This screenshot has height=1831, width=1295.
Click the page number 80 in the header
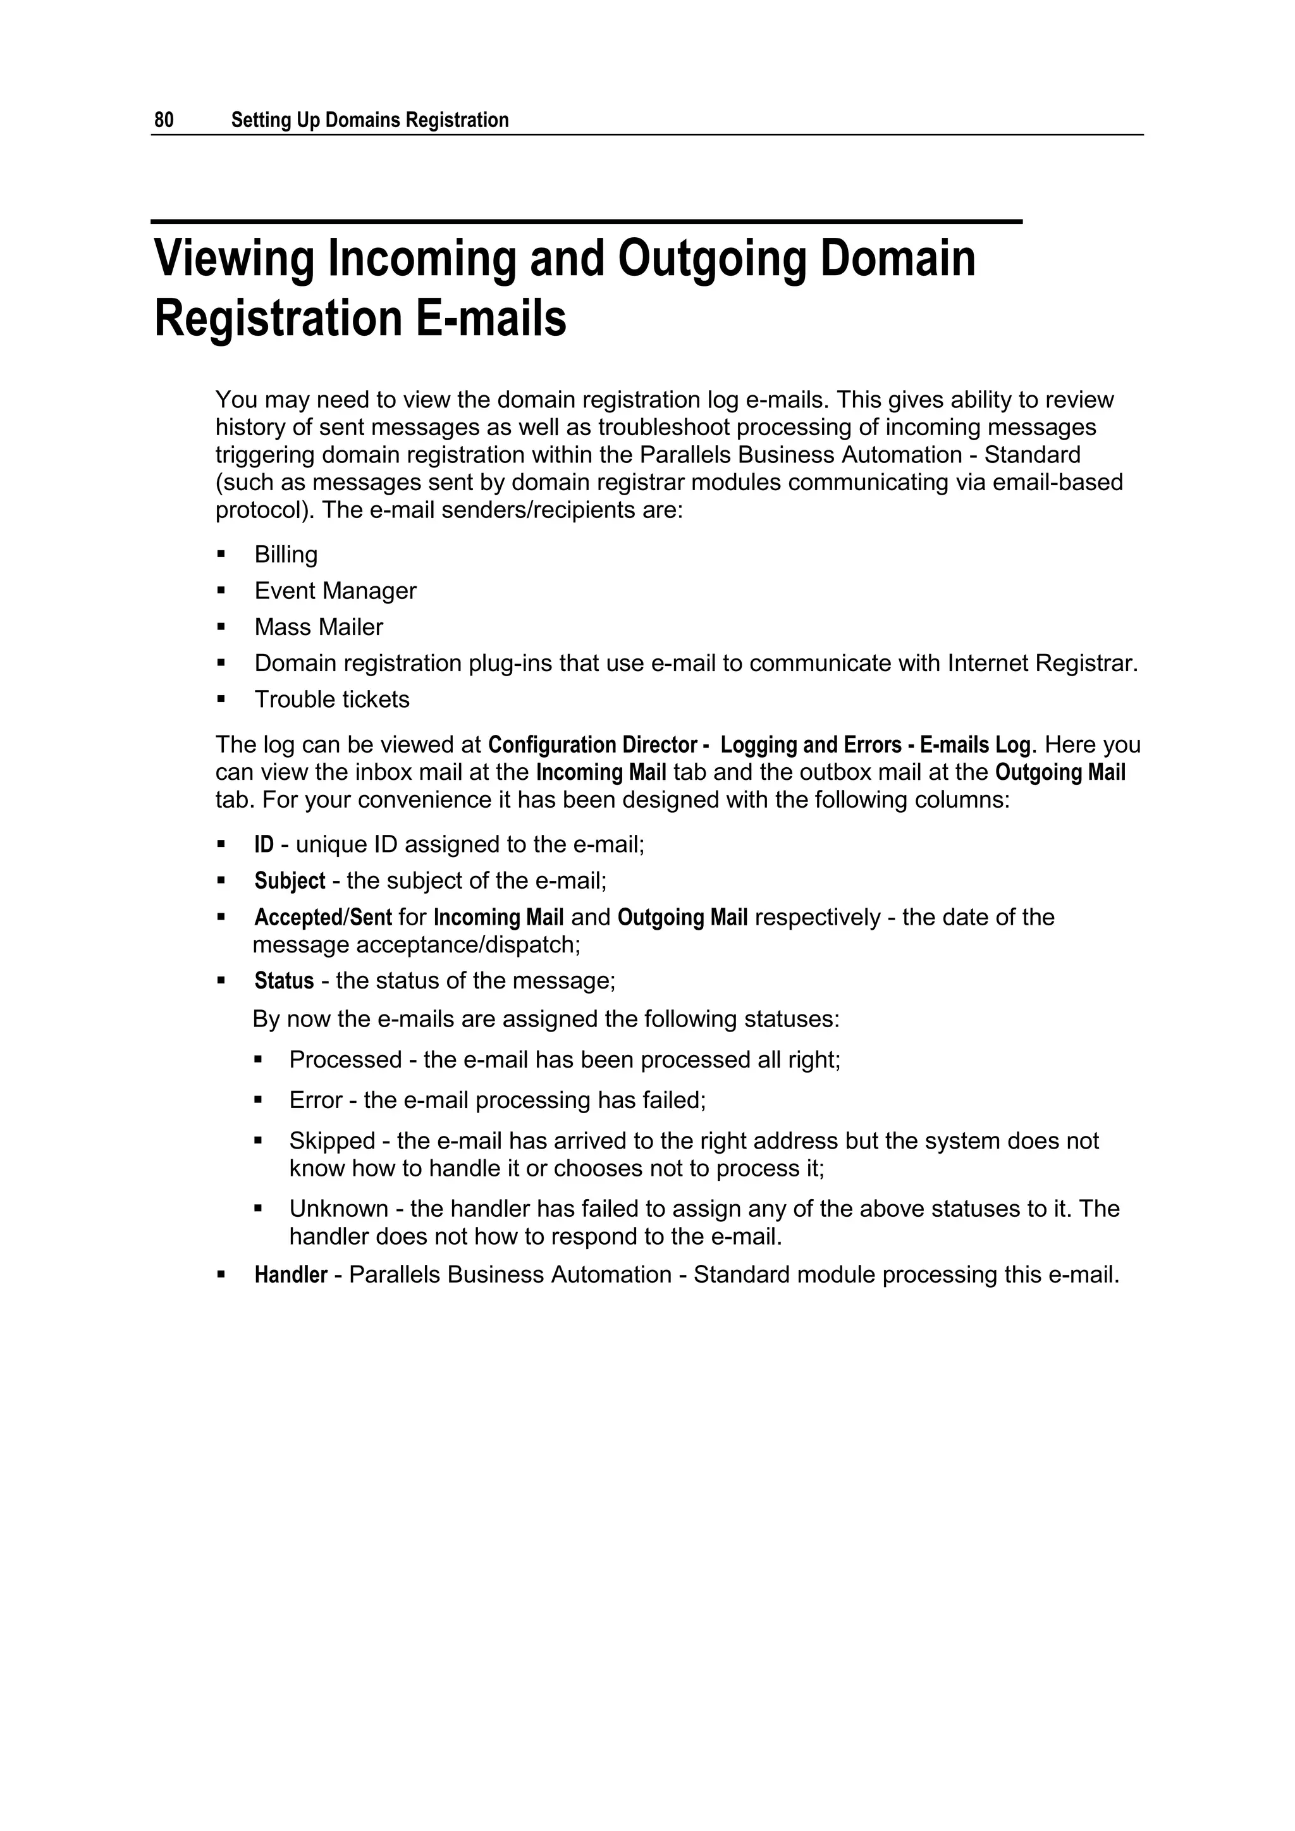164,120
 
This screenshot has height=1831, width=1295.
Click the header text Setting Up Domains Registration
369,120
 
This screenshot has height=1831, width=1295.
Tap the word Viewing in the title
233,260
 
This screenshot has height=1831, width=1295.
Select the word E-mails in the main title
491,319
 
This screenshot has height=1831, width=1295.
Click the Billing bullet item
285,555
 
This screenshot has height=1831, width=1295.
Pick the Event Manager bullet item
335,591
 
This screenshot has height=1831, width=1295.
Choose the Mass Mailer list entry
318,627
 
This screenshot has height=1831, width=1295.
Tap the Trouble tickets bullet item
332,700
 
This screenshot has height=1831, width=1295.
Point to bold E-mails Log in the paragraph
975,745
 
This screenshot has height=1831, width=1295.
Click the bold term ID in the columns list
263,844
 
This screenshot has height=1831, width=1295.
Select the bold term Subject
290,881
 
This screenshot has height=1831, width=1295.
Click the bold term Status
284,981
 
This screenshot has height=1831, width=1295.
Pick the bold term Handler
290,1275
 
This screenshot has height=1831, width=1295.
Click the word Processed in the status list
345,1060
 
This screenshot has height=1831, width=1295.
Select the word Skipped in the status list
332,1141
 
